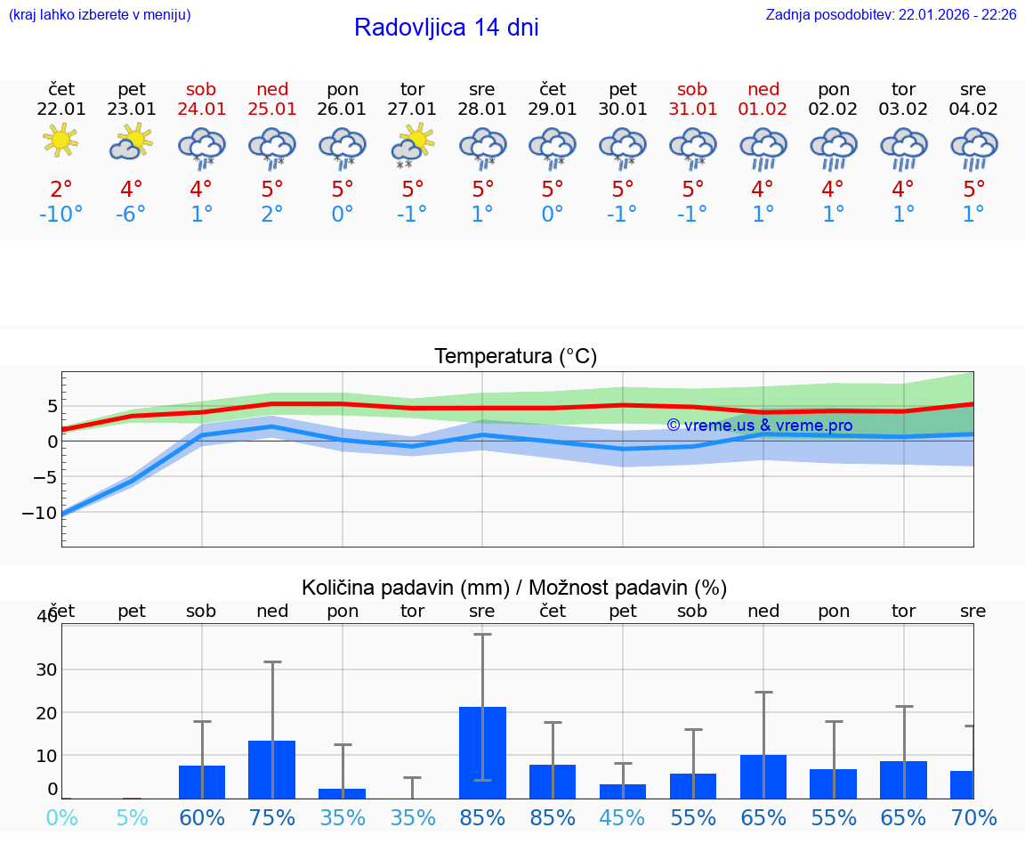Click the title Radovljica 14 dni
(446, 28)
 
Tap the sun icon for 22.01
(61, 141)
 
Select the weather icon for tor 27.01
(413, 145)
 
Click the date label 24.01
(202, 110)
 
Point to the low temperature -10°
(61, 215)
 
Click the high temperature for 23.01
(131, 190)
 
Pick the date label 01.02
(763, 110)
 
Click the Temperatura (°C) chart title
(515, 357)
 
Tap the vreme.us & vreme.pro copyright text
(759, 426)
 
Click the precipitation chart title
(514, 588)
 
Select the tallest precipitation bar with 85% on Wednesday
(482, 752)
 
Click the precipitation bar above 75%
(272, 769)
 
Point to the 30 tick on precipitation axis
(46, 669)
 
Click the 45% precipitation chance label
(623, 817)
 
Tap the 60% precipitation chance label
(202, 817)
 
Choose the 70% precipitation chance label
(973, 817)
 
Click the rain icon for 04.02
(973, 148)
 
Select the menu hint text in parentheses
(100, 15)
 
